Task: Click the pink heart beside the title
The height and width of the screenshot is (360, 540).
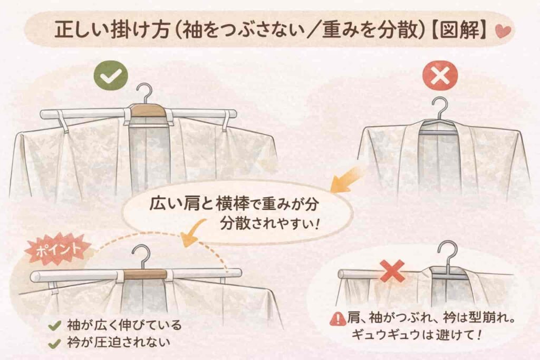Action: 503,31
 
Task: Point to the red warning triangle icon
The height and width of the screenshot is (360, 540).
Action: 338,319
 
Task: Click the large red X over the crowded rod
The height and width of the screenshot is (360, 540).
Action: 392,271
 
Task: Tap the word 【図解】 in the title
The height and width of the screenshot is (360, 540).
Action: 459,30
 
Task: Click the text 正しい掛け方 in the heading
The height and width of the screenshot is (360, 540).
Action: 112,30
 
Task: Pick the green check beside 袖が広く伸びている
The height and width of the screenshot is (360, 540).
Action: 54,325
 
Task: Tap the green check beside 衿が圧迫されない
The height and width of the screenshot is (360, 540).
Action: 54,344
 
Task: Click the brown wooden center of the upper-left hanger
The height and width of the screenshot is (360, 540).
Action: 148,111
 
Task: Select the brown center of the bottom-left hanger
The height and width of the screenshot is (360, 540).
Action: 145,274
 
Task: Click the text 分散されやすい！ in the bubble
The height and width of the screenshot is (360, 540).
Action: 269,224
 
